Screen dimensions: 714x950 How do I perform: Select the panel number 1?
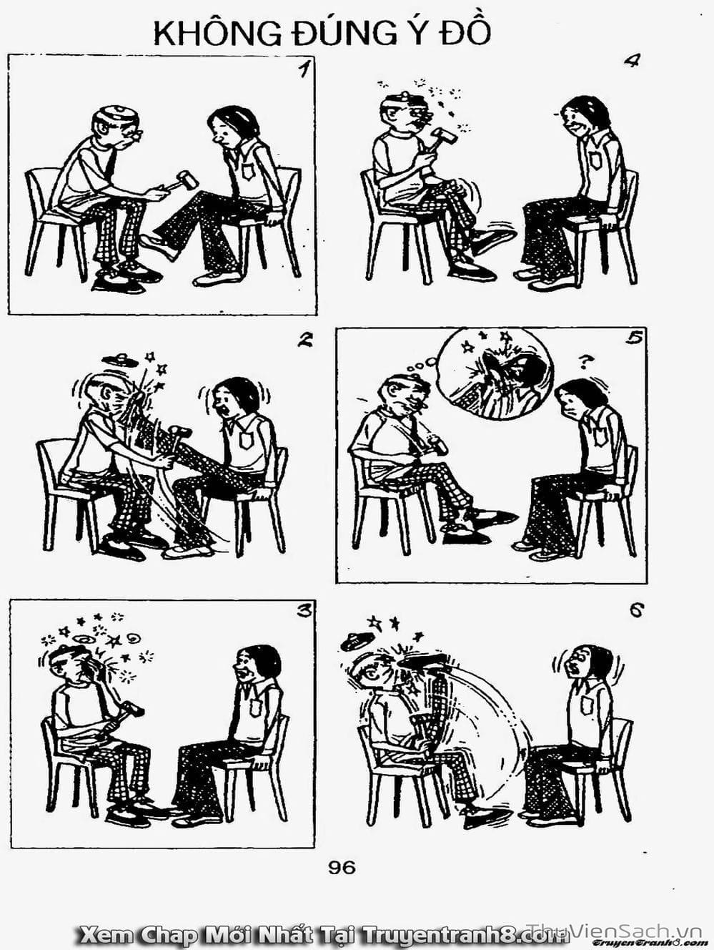304,69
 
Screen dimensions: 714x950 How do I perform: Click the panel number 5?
634,338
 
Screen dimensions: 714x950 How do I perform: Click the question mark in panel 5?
585,361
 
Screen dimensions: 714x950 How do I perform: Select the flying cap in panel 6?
358,642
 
